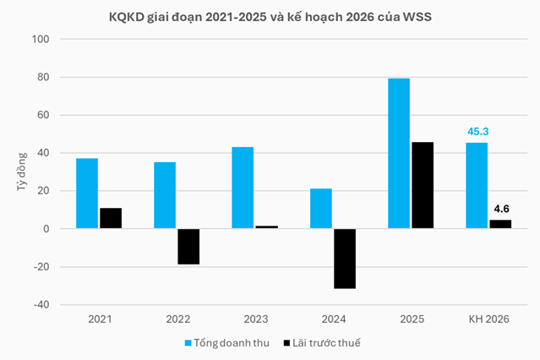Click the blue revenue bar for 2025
[x=399, y=153]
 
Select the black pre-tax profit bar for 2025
[x=422, y=185]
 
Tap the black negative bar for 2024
[x=344, y=259]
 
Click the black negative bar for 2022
[x=188, y=247]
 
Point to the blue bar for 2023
[x=243, y=188]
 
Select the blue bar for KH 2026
[x=477, y=186]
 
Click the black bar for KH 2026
[x=500, y=224]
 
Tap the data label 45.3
[x=477, y=132]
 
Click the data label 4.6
[x=501, y=209]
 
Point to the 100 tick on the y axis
[x=41, y=40]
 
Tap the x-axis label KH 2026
[x=489, y=320]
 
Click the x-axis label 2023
[x=254, y=320]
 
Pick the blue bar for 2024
[x=321, y=209]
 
